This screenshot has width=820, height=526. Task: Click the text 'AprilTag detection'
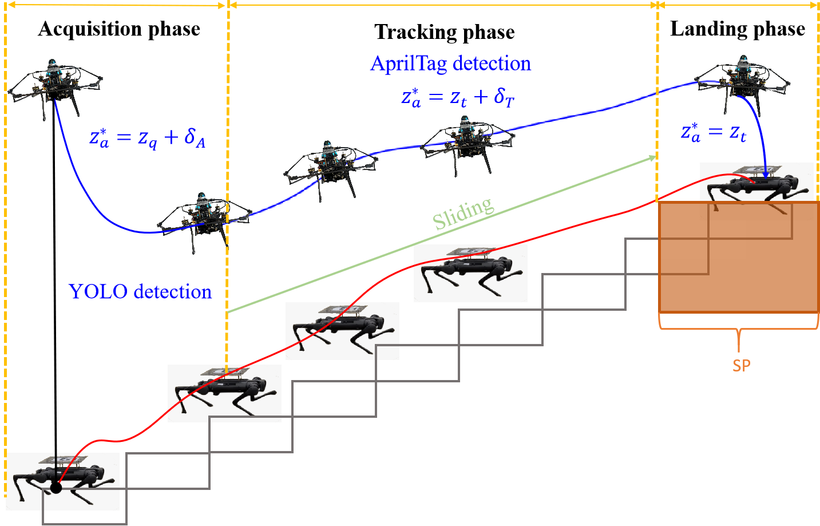[450, 63]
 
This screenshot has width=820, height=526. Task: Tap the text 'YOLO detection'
[140, 292]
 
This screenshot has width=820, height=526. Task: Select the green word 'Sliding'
[462, 213]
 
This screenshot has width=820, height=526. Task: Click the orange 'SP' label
[741, 366]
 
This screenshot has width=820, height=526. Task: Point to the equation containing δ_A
[147, 138]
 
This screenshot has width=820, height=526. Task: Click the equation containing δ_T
[458, 97]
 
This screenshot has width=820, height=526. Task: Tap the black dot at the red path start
[56, 488]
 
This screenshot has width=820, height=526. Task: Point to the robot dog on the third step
[342, 329]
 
